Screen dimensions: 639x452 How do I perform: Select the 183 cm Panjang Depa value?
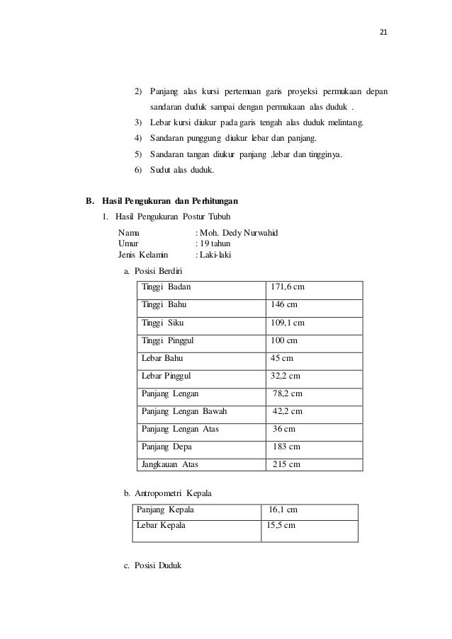coord(287,447)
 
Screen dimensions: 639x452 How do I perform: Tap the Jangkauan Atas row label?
coord(170,464)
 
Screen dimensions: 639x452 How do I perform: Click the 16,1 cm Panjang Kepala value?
coord(283,510)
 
